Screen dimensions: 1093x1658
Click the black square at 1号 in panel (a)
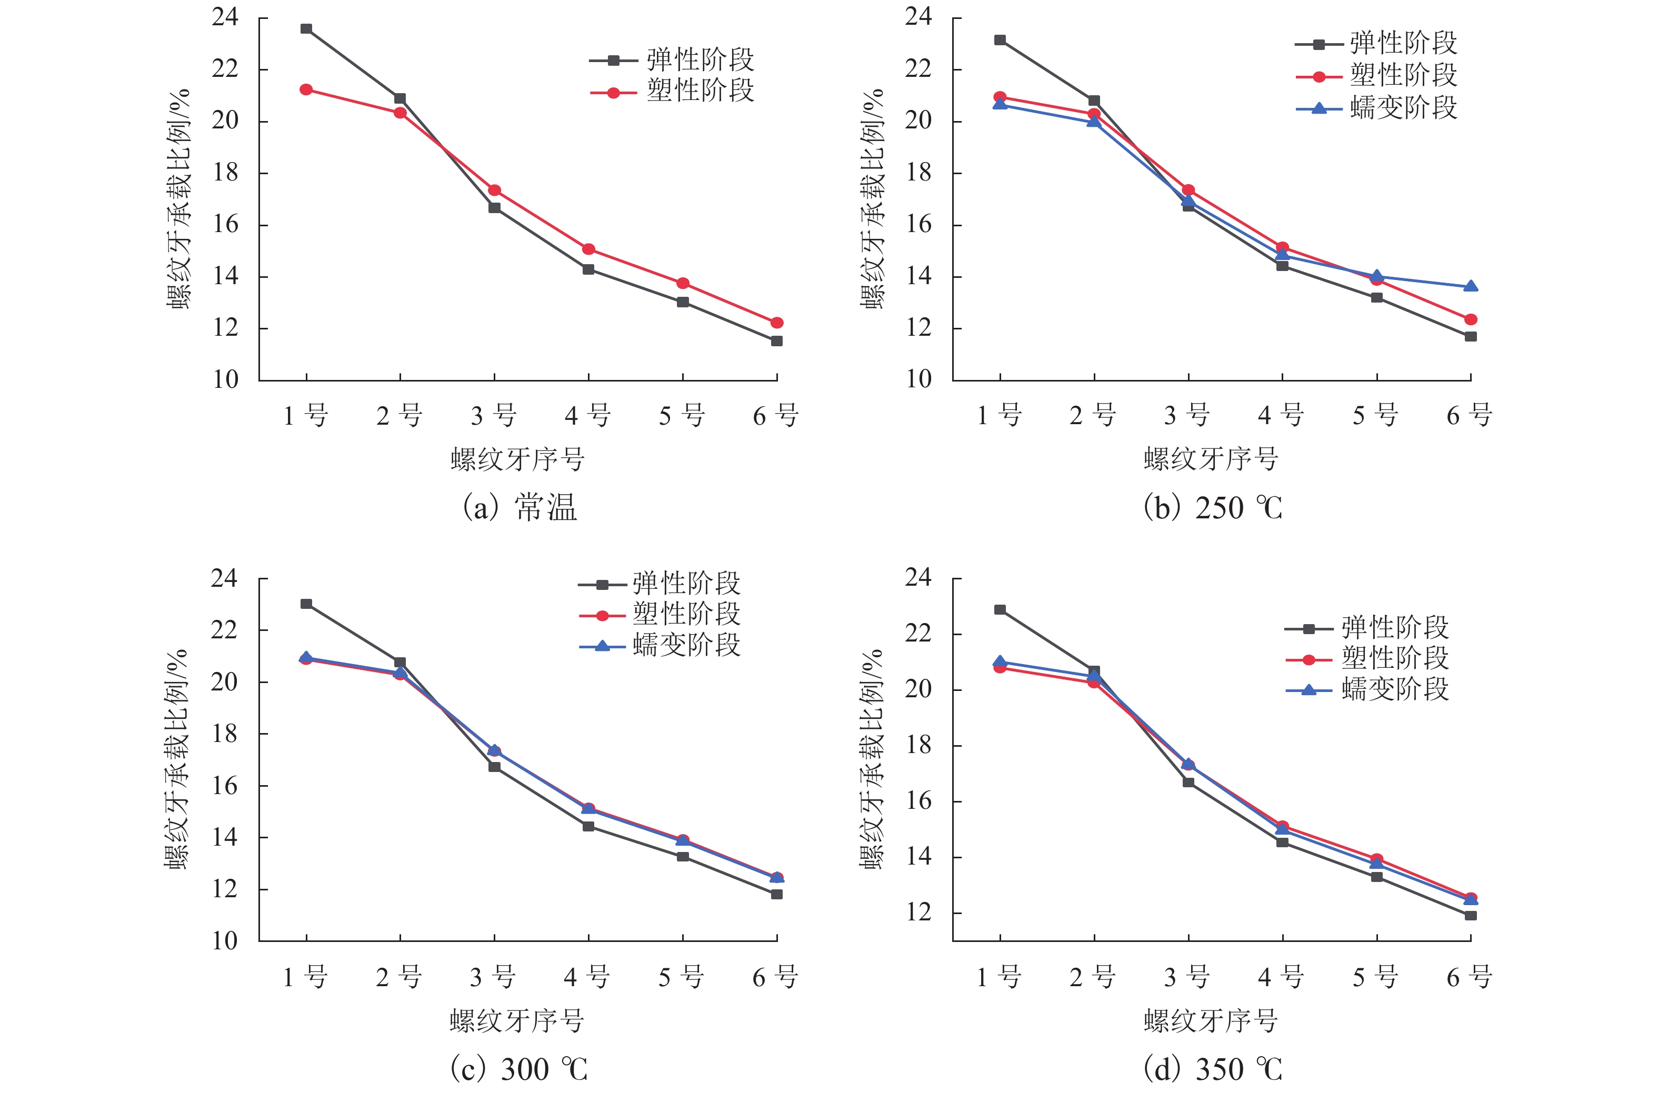306,28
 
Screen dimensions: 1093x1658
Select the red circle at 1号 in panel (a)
306,89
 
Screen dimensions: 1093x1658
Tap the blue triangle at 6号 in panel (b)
1471,286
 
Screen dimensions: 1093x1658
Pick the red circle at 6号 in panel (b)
1471,319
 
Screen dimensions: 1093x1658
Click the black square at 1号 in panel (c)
306,604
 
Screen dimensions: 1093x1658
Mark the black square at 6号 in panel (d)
1471,915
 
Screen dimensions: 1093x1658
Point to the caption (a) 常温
520,507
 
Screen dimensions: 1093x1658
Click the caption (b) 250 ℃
1213,507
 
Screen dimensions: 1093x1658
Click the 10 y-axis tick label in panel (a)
226,380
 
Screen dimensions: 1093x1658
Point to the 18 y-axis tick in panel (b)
919,173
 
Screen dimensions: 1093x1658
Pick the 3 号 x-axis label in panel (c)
493,977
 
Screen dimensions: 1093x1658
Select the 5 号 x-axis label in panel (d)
1376,977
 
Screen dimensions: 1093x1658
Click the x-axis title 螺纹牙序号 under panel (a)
517,459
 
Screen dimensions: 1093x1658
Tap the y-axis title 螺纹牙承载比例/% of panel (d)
872,760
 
